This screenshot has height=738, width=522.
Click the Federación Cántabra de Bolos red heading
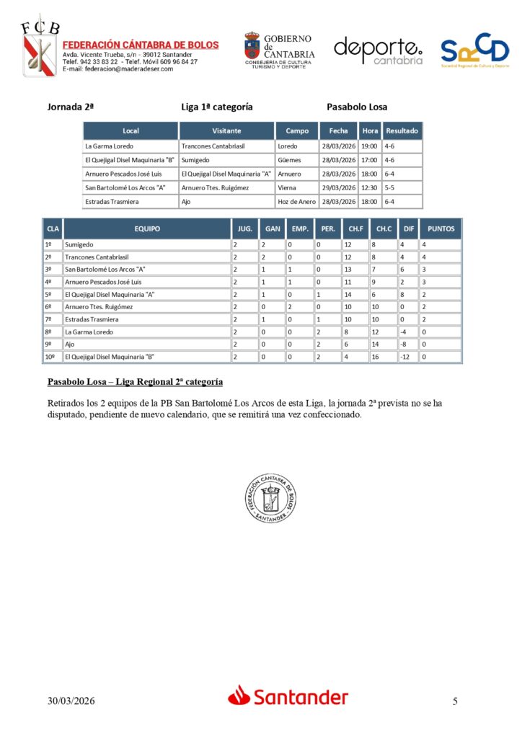(141, 45)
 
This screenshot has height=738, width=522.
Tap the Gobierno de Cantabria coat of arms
(252, 48)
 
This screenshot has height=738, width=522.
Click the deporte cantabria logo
(378, 50)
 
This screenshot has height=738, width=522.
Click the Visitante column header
(226, 131)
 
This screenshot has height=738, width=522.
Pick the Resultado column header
(402, 131)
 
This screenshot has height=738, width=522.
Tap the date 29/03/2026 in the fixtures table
(338, 188)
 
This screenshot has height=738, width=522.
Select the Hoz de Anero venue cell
(296, 202)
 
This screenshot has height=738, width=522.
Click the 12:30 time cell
(370, 188)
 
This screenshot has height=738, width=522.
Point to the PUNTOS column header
(441, 229)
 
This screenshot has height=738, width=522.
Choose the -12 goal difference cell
(409, 357)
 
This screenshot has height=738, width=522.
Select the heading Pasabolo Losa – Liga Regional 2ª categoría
(135, 381)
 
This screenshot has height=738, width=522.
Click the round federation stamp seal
(270, 499)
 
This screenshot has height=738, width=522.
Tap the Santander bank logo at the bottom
(288, 696)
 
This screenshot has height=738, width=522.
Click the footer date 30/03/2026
(71, 701)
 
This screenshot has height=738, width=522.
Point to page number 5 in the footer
(455, 701)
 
